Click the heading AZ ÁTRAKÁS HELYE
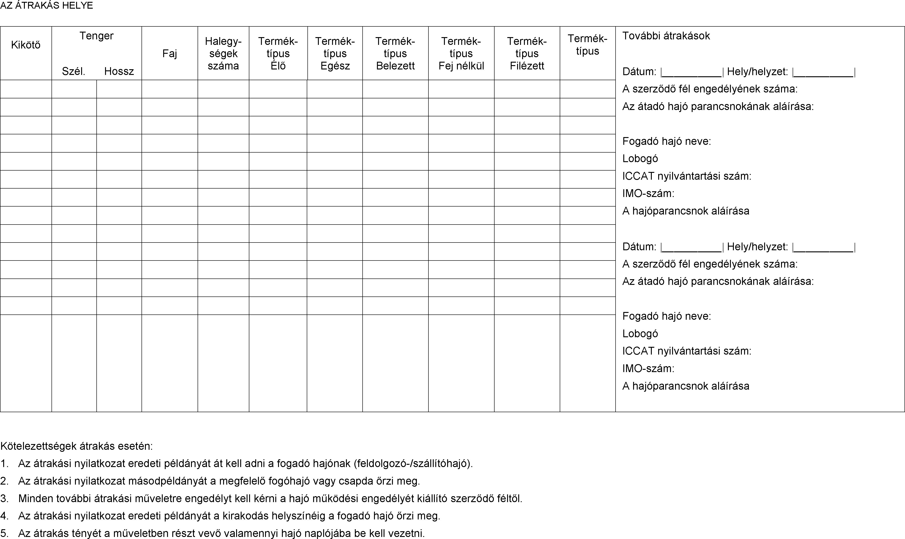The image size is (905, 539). pyautogui.click(x=46, y=5)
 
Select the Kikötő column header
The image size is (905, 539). pyautogui.click(x=26, y=45)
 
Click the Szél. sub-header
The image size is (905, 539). pyautogui.click(x=73, y=71)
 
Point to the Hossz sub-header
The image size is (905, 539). pyautogui.click(x=119, y=71)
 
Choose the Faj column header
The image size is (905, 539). pyautogui.click(x=169, y=53)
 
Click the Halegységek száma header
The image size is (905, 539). pyautogui.click(x=223, y=53)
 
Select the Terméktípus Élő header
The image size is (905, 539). pyautogui.click(x=278, y=53)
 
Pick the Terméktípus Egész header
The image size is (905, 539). pyautogui.click(x=335, y=53)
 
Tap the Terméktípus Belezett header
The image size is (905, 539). pyautogui.click(x=395, y=53)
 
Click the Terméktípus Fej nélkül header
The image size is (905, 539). pyautogui.click(x=461, y=53)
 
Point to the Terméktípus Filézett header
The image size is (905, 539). pyautogui.click(x=527, y=53)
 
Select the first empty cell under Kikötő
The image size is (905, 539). pyautogui.click(x=26, y=89)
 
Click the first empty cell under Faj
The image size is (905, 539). pyautogui.click(x=169, y=89)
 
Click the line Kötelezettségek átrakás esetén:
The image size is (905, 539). pyautogui.click(x=77, y=446)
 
